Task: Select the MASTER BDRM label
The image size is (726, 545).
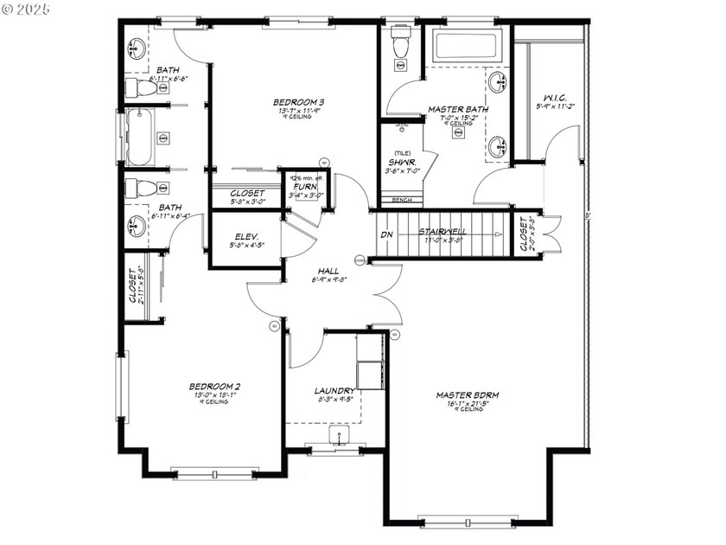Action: (468, 394)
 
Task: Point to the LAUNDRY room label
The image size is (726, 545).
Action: (334, 390)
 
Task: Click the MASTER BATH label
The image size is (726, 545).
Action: (458, 110)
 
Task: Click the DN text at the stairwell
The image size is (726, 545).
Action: (387, 234)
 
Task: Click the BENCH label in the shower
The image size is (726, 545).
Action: (401, 200)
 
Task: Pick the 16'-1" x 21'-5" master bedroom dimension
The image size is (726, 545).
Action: (468, 403)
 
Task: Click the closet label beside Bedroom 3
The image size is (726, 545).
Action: (247, 193)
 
